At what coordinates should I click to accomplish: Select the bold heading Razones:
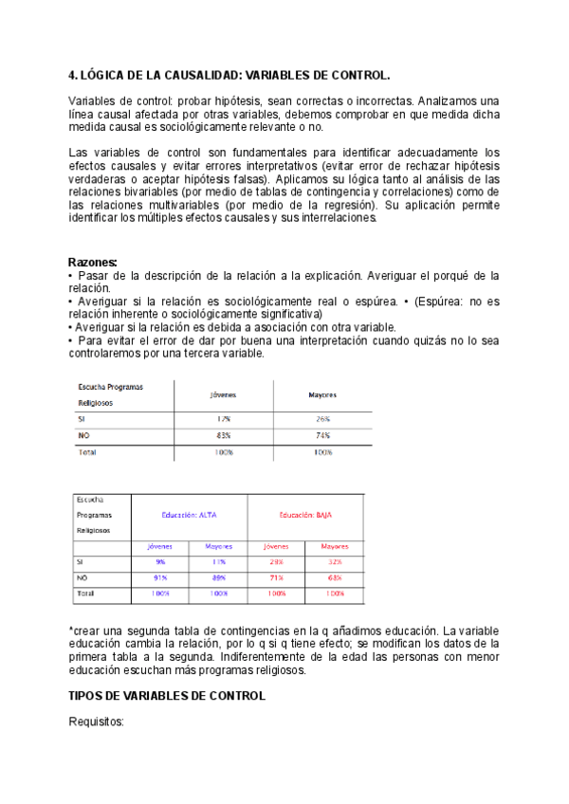click(93, 262)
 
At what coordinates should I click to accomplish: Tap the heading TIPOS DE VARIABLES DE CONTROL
click(167, 695)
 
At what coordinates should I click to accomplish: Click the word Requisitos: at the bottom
click(97, 722)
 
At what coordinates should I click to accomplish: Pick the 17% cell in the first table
click(223, 418)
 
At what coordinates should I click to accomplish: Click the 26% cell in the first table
click(322, 418)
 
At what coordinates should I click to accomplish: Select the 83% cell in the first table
click(223, 435)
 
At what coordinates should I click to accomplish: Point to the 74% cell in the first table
click(322, 435)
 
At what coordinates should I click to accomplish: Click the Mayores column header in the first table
click(322, 395)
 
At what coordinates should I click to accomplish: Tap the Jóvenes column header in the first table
click(223, 395)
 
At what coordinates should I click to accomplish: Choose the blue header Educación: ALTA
click(190, 514)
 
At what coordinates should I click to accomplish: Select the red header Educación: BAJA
click(305, 514)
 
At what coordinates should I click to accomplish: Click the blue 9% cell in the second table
click(160, 561)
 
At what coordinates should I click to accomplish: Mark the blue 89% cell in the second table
click(218, 576)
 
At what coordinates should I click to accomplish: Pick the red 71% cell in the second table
click(276, 576)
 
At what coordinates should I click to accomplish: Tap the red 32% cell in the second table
click(334, 561)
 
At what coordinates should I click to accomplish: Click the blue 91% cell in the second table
click(160, 576)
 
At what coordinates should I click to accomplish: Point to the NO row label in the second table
click(83, 576)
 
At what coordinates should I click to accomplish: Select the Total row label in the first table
click(86, 452)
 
